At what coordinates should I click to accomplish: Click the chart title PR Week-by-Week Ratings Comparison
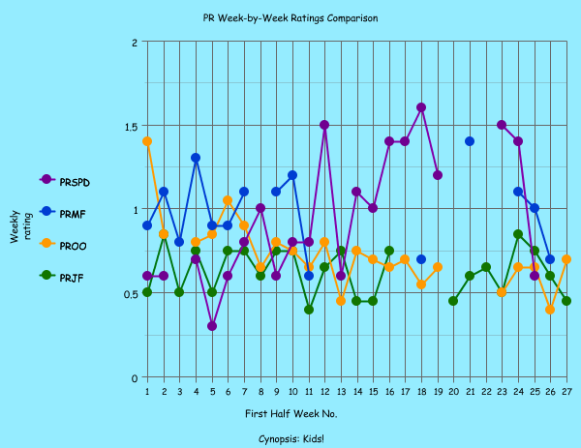[x=290, y=18]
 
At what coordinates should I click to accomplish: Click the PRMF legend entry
[x=73, y=214]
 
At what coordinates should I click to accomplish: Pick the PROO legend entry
[x=73, y=247]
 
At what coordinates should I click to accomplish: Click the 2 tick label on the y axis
[x=134, y=43]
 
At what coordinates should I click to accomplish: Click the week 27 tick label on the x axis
[x=566, y=391]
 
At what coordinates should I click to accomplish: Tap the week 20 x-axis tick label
[x=453, y=391]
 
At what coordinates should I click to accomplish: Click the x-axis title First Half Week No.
[x=290, y=414]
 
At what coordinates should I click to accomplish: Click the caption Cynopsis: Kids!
[x=290, y=438]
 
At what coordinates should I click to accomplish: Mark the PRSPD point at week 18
[x=421, y=107]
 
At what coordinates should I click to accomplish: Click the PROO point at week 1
[x=147, y=141]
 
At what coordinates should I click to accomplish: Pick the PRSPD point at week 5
[x=212, y=326]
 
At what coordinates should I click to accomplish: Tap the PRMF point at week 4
[x=196, y=158]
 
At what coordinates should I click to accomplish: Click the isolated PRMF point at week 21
[x=470, y=141]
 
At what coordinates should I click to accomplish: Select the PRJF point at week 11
[x=309, y=310]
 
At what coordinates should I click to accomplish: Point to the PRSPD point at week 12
[x=324, y=125]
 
